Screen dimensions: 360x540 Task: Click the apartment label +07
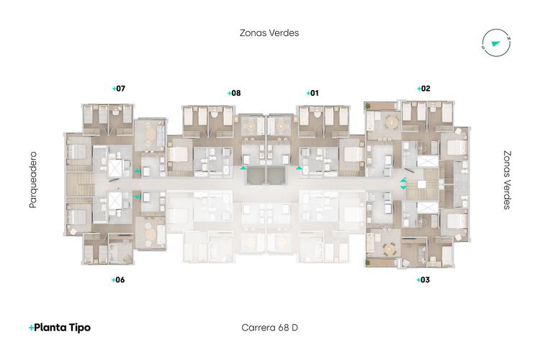[119, 89]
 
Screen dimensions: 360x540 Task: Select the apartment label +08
[234, 93]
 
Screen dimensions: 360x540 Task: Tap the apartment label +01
[312, 93]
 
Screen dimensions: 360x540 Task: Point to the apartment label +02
[423, 89]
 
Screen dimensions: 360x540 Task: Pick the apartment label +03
[423, 279]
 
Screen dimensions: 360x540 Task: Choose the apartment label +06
[119, 279]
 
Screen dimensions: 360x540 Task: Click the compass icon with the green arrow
[495, 42]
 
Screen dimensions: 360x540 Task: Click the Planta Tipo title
[60, 327]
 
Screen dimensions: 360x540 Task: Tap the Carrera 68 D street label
[269, 328]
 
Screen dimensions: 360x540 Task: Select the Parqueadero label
[32, 180]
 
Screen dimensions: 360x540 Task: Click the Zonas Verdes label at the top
[269, 32]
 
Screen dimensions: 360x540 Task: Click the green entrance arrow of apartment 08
[243, 168]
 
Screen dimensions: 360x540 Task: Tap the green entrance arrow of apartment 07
[137, 171]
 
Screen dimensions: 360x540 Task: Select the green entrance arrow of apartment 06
[137, 195]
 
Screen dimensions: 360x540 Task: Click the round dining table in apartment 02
[392, 122]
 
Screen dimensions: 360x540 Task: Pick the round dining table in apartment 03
[390, 249]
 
